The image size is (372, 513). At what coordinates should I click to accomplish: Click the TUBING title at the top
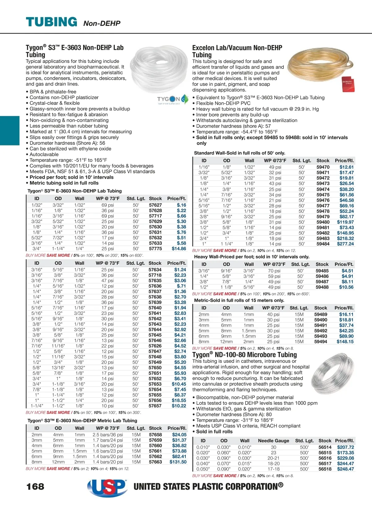[51, 22]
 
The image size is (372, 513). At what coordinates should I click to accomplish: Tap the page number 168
[35, 486]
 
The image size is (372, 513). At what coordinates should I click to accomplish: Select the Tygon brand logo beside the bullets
[173, 99]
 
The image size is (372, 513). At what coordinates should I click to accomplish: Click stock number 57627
[155, 205]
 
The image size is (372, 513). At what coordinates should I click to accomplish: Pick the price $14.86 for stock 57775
[179, 249]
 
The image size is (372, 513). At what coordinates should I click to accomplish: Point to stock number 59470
[323, 167]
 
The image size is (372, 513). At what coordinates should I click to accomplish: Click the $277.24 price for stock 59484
[345, 244]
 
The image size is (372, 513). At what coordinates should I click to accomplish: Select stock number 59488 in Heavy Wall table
[322, 287]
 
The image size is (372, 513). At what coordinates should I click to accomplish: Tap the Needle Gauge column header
[273, 440]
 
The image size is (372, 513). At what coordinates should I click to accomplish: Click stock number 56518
[325, 469]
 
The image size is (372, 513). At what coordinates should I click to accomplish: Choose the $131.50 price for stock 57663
[178, 462]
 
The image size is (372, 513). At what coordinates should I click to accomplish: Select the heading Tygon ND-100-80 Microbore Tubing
[245, 355]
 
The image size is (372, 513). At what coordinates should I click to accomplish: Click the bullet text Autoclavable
[44, 154]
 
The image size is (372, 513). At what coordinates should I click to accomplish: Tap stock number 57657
[155, 406]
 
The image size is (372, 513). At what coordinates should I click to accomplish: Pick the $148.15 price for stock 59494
[345, 342]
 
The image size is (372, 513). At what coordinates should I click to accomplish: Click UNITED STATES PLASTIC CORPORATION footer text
[208, 486]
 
